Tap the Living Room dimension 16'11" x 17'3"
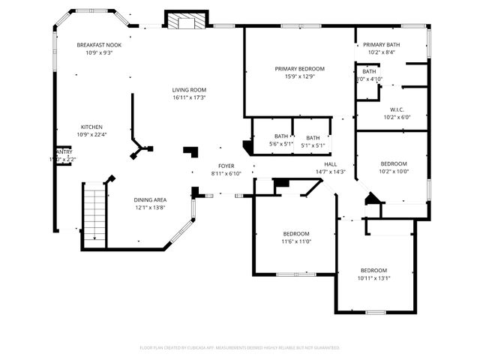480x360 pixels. pos(189,97)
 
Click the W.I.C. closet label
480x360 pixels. pos(397,109)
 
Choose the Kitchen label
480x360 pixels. pos(92,127)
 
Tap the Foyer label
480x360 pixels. pos(226,166)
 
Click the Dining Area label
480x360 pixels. pos(150,199)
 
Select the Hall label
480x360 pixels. pos(330,164)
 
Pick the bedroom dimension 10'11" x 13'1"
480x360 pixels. pos(373,278)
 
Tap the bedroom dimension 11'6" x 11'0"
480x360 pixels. pos(296,241)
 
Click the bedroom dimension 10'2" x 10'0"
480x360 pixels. pos(394,172)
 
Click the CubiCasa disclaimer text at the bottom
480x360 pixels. pos(240,348)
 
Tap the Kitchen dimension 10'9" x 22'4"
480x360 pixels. pos(92,135)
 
